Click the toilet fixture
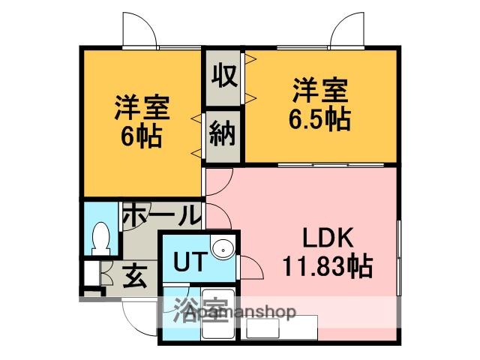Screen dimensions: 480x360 click(x=100, y=238)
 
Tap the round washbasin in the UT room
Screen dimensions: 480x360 click(x=223, y=250)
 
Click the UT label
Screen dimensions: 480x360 click(x=188, y=262)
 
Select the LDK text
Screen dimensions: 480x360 click(x=328, y=238)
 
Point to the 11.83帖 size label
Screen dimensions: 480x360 click(x=328, y=265)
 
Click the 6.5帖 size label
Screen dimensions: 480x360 click(x=320, y=119)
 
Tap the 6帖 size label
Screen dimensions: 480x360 click(x=141, y=136)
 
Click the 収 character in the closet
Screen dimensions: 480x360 click(x=224, y=76)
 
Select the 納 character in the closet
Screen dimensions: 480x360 click(x=223, y=133)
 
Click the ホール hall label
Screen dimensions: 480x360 click(x=163, y=214)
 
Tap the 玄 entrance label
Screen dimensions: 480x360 click(x=135, y=277)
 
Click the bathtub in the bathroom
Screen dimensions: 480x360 click(x=218, y=313)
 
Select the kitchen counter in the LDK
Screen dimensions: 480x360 click(x=279, y=328)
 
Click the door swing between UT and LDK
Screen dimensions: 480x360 click(x=251, y=267)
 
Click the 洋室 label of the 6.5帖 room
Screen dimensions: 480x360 click(x=320, y=90)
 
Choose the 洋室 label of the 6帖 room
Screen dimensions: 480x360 click(x=142, y=108)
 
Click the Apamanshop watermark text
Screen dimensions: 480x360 click(x=241, y=312)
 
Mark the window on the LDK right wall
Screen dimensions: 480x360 click(x=398, y=258)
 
